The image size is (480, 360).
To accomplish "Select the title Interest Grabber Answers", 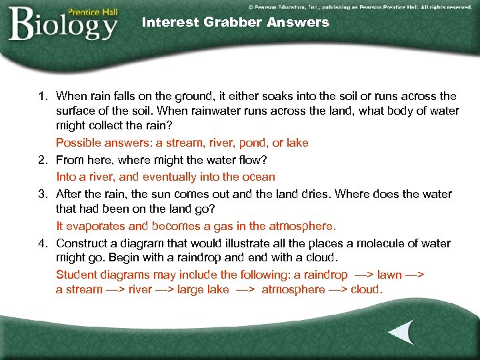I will [235, 22].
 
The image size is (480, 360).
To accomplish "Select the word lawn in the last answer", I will [389, 275].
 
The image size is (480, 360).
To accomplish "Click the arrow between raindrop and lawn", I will [363, 275].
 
